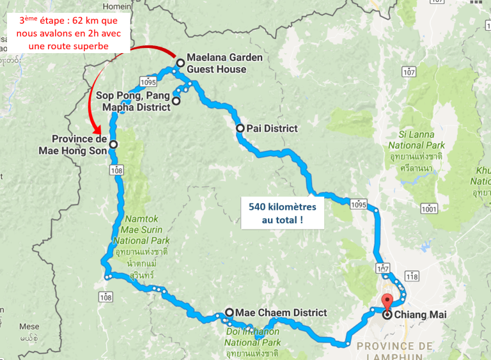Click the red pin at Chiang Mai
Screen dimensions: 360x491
386,302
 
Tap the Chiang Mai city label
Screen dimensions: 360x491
421,315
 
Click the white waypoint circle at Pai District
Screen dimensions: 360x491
240,129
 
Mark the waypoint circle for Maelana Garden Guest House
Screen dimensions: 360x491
180,63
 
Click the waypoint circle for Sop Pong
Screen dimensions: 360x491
176,100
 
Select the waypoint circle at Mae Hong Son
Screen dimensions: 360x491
113,145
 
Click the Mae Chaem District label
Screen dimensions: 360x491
281,313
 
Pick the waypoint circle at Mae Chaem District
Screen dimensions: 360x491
229,313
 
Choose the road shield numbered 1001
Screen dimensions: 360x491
428,208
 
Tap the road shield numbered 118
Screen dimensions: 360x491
412,276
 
